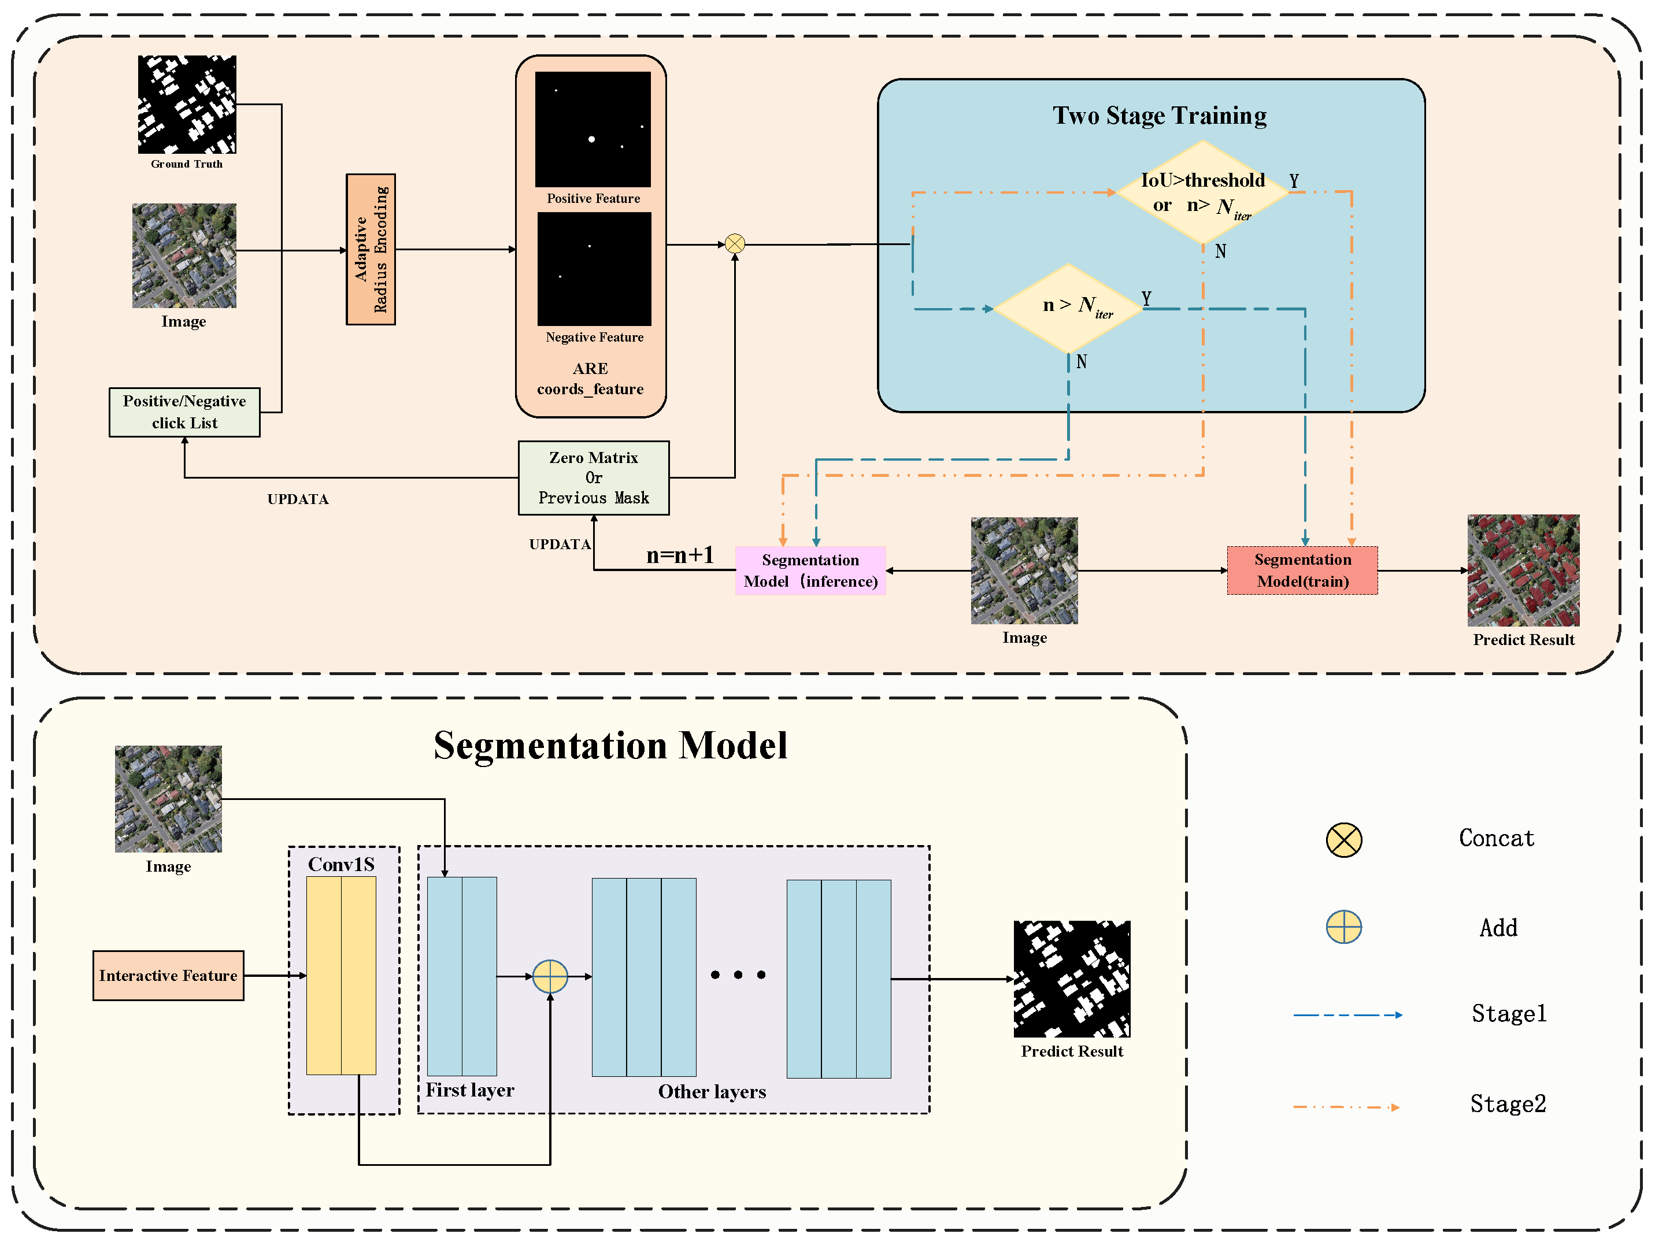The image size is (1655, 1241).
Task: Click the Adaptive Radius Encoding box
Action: coord(371,249)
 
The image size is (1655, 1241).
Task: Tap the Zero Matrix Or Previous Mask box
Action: coord(593,477)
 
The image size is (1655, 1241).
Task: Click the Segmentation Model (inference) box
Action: coord(810,571)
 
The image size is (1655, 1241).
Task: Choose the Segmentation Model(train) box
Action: coord(1302,571)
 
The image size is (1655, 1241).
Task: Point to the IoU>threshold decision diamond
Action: coord(1202,192)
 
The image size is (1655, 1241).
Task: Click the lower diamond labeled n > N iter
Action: coord(1068,308)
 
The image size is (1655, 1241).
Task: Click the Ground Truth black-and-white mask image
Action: coord(187,105)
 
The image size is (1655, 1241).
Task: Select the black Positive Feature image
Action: coord(593,129)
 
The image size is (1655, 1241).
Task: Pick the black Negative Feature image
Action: coord(594,269)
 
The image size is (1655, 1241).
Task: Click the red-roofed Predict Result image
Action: coord(1523,570)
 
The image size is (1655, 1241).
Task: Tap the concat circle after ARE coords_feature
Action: coord(735,244)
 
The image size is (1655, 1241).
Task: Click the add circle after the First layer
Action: coord(550,976)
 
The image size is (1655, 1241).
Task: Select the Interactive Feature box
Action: coord(168,976)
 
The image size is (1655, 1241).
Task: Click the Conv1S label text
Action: coord(341,865)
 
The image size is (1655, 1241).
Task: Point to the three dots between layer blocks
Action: coord(738,975)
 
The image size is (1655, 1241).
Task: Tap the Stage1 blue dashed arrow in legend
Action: coord(1347,1015)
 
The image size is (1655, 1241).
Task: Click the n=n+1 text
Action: coord(679,555)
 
